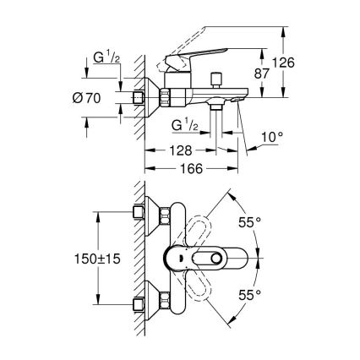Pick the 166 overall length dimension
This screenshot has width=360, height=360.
click(192, 169)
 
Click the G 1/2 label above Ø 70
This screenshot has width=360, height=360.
click(106, 58)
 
